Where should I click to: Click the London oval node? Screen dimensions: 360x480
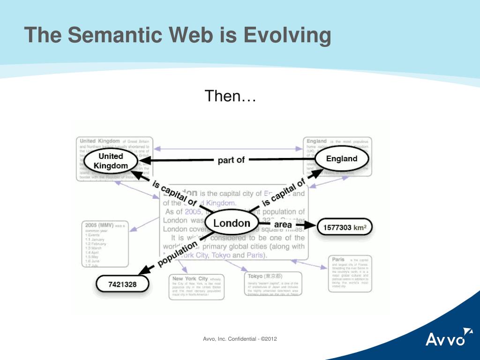(232, 223)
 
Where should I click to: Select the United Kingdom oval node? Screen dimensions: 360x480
(111, 161)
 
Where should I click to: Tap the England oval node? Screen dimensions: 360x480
(342, 159)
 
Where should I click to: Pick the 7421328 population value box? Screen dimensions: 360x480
(122, 284)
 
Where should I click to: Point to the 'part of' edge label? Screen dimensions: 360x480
(231, 160)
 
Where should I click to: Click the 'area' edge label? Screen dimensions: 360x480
(283, 225)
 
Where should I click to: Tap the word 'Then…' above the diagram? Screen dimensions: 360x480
(230, 97)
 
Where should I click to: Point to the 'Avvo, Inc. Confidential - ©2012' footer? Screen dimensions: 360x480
(240, 338)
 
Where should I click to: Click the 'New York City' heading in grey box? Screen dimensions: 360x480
(190, 278)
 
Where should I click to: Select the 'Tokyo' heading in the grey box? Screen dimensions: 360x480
(256, 276)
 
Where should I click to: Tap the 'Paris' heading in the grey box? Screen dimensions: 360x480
(338, 259)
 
